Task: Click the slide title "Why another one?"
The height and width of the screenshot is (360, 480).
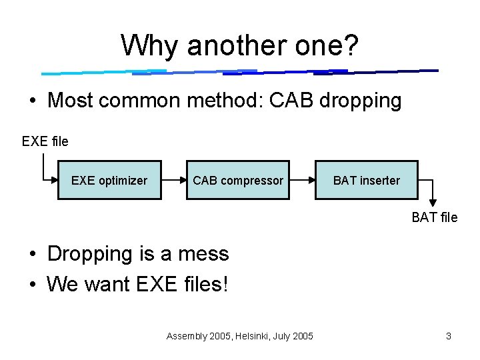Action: [x=240, y=46]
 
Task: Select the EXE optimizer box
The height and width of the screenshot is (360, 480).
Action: [x=109, y=180]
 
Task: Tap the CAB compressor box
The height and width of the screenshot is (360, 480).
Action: [x=237, y=180]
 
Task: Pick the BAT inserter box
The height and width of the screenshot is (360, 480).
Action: [x=366, y=180]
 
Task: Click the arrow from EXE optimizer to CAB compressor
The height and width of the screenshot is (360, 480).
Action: [x=173, y=180]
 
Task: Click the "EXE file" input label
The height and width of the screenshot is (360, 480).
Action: [x=45, y=141]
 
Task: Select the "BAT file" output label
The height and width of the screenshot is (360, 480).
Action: [x=434, y=217]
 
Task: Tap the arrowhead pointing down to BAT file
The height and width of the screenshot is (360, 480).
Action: [x=433, y=203]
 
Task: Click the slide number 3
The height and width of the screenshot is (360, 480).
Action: [x=449, y=336]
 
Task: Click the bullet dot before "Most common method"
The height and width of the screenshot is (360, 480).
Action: [x=32, y=101]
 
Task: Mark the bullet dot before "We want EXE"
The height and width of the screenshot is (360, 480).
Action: [x=32, y=285]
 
